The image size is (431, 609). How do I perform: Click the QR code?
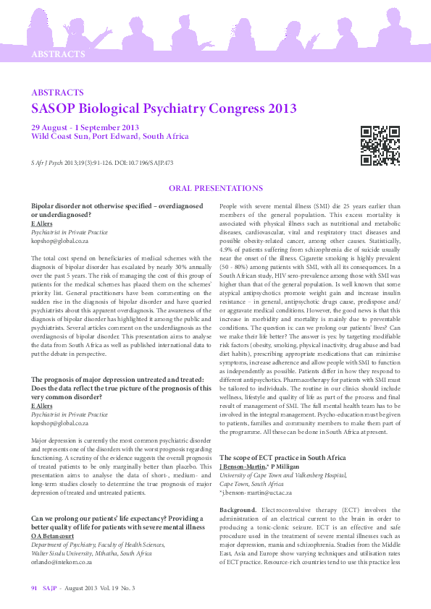(380, 145)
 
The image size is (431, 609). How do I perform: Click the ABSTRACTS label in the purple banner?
(58, 54)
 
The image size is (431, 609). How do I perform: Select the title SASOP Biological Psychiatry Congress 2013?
(164, 109)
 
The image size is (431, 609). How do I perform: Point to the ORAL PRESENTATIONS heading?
(215, 188)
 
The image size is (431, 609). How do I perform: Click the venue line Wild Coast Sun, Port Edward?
(109, 136)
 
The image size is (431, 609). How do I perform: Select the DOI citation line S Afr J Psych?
(102, 163)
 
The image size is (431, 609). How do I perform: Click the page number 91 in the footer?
(34, 589)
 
